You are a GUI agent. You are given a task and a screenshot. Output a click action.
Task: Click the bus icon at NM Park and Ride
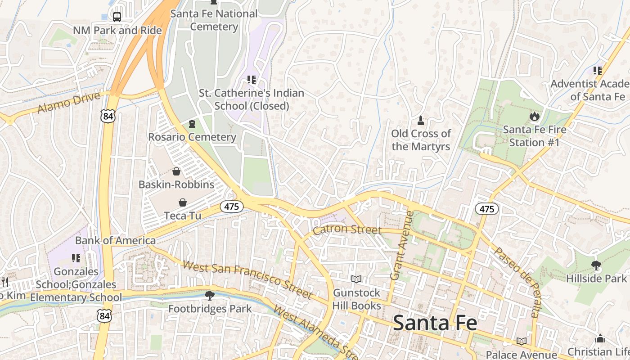(x=117, y=17)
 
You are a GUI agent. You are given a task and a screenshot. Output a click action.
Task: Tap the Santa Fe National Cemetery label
(x=214, y=20)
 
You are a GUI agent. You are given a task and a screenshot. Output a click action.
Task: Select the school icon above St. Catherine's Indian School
(x=252, y=80)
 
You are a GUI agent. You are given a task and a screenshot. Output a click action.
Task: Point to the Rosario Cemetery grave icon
(x=193, y=123)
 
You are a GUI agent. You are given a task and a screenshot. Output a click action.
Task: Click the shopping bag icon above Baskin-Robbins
(x=176, y=171)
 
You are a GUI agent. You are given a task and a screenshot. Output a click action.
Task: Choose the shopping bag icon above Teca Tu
(x=183, y=202)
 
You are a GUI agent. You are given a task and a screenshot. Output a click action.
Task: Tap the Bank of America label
(x=115, y=240)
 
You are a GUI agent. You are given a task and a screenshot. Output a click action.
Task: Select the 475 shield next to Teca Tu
(x=232, y=207)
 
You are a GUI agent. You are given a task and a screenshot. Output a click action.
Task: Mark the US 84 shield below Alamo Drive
(x=108, y=117)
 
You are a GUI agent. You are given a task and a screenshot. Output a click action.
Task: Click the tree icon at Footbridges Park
(x=209, y=296)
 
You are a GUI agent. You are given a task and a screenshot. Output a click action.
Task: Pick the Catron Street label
(x=347, y=229)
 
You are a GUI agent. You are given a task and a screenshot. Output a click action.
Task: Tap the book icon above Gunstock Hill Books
(x=356, y=279)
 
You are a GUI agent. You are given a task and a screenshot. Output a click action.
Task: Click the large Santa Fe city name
(x=435, y=323)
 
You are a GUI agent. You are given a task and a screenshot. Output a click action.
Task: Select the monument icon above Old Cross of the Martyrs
(x=421, y=120)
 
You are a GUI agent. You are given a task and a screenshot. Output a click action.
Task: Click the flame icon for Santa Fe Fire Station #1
(x=534, y=117)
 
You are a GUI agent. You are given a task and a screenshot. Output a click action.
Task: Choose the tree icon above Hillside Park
(x=596, y=265)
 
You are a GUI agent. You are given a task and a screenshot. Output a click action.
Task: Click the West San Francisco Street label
(x=248, y=279)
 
